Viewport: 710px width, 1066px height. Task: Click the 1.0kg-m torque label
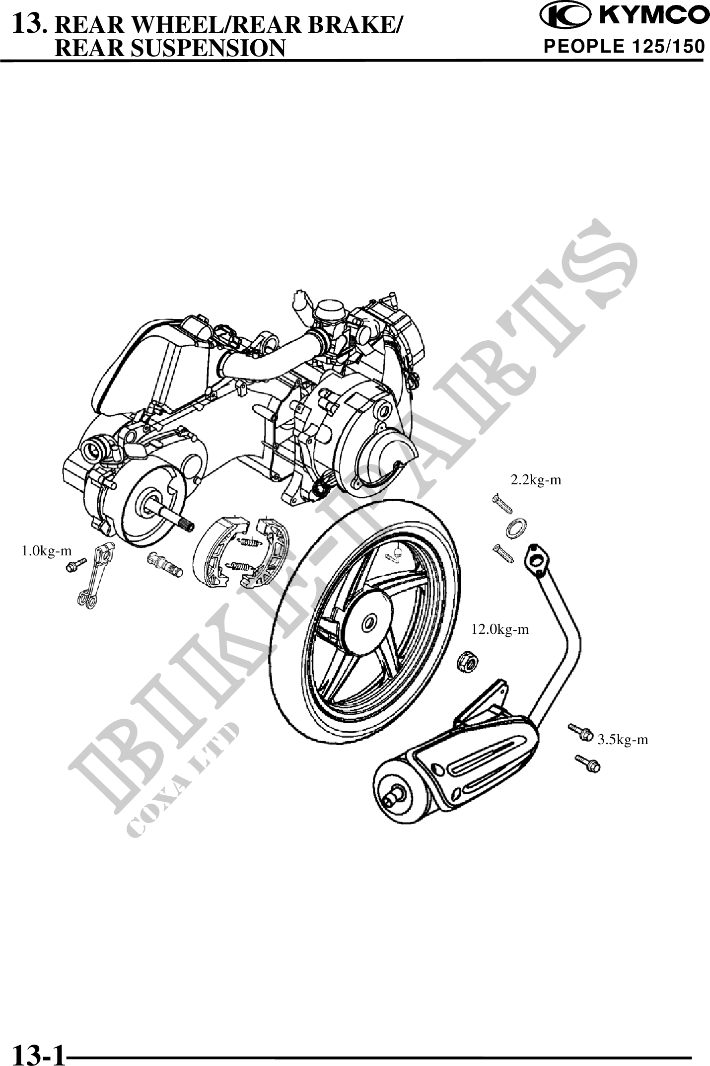(46, 550)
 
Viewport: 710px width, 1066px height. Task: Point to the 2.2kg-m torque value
(536, 480)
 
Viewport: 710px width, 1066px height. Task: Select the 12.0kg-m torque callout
(500, 630)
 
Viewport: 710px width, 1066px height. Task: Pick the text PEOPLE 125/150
(624, 47)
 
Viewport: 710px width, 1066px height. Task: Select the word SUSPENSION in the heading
(171, 48)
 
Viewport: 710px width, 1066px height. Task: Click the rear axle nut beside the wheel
(467, 661)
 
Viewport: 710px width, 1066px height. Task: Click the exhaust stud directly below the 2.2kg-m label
(501, 502)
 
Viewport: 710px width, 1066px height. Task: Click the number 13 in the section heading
(30, 22)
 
